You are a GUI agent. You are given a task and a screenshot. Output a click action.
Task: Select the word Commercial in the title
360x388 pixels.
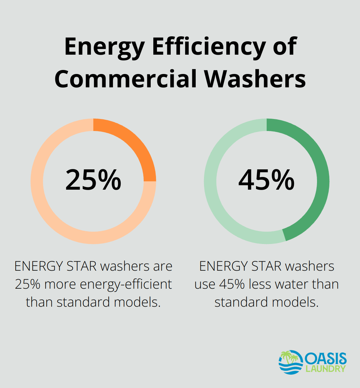click(x=126, y=79)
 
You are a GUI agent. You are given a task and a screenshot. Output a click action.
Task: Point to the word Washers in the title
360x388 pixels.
click(x=255, y=79)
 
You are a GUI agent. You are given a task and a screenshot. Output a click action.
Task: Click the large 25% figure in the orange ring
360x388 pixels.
click(x=93, y=180)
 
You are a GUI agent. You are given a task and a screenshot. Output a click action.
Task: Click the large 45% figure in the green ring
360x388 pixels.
click(x=267, y=180)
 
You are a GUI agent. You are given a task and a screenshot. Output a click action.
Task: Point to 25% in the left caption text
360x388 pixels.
click(x=28, y=284)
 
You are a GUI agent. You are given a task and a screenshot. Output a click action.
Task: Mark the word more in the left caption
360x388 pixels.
click(x=60, y=284)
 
